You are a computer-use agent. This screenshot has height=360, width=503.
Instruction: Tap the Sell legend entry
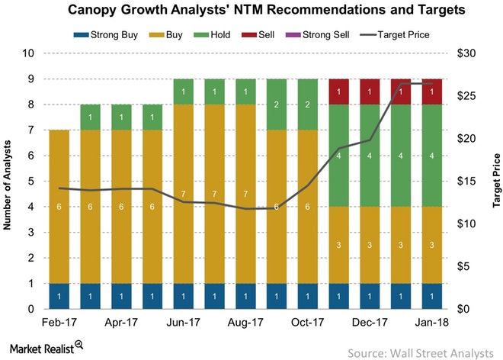point(275,34)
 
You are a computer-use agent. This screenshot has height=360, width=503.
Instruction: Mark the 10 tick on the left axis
point(29,53)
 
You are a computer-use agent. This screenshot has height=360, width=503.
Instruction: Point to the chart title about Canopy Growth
point(251,11)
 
